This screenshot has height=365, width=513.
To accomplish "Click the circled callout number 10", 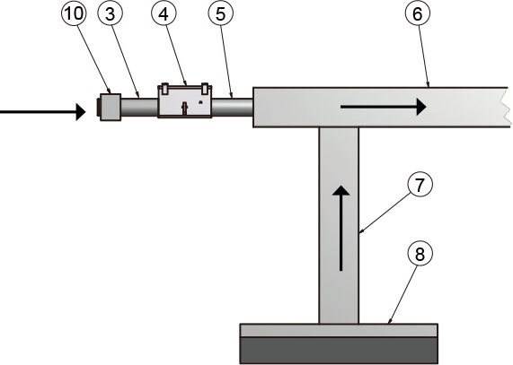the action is tap(74, 13).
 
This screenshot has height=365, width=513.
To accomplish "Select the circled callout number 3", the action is tap(110, 13).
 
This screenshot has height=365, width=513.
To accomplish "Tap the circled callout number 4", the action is tap(164, 13).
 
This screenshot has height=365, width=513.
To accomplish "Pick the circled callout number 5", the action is tap(221, 13).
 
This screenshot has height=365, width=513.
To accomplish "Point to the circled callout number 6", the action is tap(418, 13).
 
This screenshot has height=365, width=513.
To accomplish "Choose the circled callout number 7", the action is tap(420, 184).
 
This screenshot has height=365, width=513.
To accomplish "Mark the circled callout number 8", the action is tap(420, 254).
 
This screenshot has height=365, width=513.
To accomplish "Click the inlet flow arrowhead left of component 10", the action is tap(81, 112).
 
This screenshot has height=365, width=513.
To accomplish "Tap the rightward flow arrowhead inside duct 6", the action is tap(421, 107).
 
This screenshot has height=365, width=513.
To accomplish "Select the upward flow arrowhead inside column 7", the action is tap(341, 191).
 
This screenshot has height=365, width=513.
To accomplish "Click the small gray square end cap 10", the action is tap(111, 107).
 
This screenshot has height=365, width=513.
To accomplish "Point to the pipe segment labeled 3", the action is tap(139, 107).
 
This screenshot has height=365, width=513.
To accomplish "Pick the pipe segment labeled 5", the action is tap(233, 107).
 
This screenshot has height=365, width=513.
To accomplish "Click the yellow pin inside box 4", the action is tap(185, 108).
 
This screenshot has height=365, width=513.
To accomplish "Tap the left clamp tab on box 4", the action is tap(165, 88).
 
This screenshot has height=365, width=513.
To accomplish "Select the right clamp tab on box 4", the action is tap(205, 88).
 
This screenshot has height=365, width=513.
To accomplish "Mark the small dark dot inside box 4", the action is tap(201, 102).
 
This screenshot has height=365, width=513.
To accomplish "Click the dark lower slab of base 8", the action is tap(339, 351).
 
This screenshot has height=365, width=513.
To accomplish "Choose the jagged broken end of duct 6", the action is tap(506, 107).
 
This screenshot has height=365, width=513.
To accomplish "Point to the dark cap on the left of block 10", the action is tap(99, 107).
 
